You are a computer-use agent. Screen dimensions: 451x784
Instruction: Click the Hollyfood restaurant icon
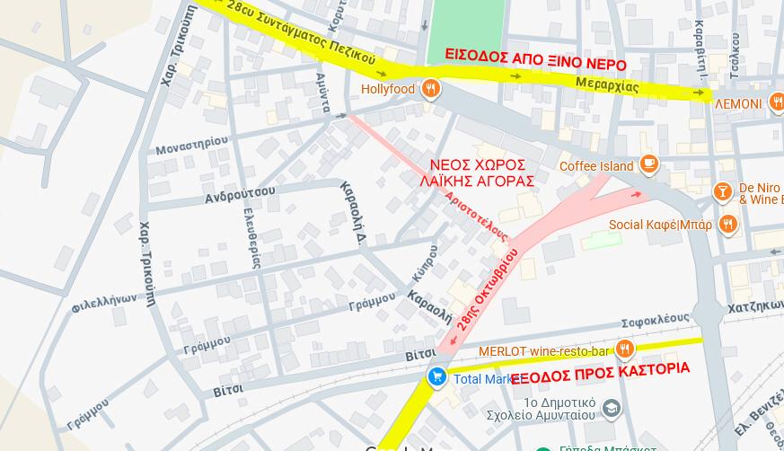432,88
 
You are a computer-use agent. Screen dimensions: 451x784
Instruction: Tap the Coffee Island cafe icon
649,164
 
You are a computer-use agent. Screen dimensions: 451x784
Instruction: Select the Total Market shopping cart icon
437,377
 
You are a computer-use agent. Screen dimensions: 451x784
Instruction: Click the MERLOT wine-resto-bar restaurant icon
625,349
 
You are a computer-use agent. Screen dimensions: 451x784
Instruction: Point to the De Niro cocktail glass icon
721,191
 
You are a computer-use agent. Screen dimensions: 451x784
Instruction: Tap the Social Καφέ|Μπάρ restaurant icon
728,224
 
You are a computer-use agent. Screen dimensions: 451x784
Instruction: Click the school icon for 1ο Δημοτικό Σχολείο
612,409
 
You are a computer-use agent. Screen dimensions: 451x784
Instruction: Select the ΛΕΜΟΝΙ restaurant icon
777,103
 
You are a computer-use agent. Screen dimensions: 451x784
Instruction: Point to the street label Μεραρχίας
607,85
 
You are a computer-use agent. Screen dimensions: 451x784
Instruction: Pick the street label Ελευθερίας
252,237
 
